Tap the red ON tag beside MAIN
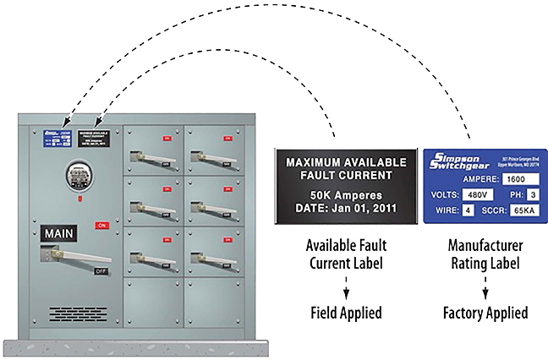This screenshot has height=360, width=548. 101,226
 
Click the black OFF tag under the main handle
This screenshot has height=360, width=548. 101,271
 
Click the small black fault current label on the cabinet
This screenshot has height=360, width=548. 93,138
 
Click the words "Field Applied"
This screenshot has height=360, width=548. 343,313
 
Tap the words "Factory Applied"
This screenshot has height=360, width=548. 485,313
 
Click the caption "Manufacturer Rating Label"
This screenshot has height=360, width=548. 485,254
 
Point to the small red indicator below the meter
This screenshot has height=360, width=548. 78,200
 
